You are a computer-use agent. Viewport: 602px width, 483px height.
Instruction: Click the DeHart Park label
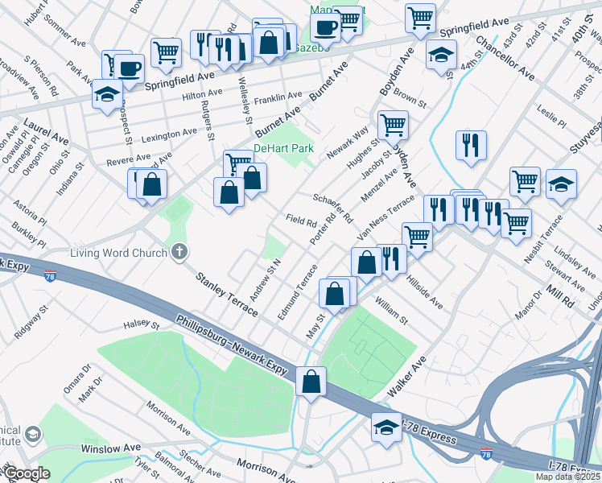click(x=283, y=149)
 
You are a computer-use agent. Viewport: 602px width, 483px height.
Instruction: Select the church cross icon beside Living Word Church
click(x=179, y=252)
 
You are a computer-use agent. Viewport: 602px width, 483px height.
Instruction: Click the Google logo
click(x=27, y=473)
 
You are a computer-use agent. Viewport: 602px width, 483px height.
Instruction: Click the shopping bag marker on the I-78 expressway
click(x=311, y=381)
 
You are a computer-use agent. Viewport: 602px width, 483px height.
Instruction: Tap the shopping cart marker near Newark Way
click(x=393, y=125)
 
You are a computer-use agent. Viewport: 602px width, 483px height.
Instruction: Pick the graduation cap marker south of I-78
click(x=386, y=427)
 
